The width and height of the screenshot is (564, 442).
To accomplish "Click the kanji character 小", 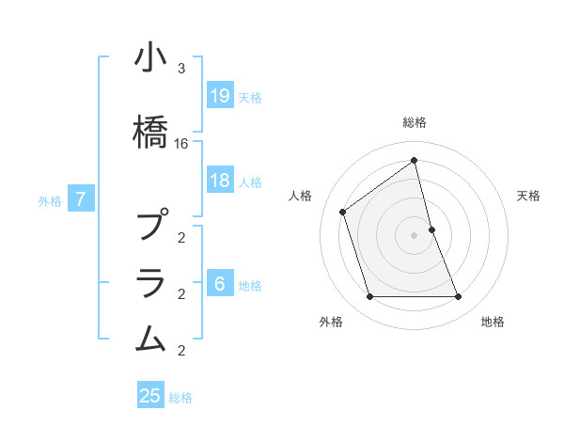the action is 150,59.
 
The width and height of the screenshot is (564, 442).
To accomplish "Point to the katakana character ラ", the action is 150,282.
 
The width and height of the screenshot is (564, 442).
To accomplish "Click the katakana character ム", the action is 150,338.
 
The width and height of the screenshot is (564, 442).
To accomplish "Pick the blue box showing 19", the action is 220,95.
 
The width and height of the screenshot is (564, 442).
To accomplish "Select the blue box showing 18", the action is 220,181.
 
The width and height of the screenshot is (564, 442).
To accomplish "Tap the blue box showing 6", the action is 220,284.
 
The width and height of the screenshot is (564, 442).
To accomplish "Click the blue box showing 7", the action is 82,198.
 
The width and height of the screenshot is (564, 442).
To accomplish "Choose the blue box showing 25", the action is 150,396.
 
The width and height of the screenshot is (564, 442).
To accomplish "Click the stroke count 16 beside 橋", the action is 181,144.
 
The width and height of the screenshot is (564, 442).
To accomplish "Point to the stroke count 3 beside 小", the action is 181,70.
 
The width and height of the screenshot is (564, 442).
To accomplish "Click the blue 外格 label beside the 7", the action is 50,199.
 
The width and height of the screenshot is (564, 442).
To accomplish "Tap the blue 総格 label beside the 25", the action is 180,398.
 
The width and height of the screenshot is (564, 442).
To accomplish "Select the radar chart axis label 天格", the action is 529,196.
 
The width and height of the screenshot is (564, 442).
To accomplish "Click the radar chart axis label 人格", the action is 301,196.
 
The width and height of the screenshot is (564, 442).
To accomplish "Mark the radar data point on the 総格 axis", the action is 414,161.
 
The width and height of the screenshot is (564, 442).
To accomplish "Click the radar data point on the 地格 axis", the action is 459,297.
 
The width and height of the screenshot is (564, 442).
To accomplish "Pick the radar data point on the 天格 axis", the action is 431,229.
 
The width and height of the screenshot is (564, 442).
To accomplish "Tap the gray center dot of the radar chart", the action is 414,235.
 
